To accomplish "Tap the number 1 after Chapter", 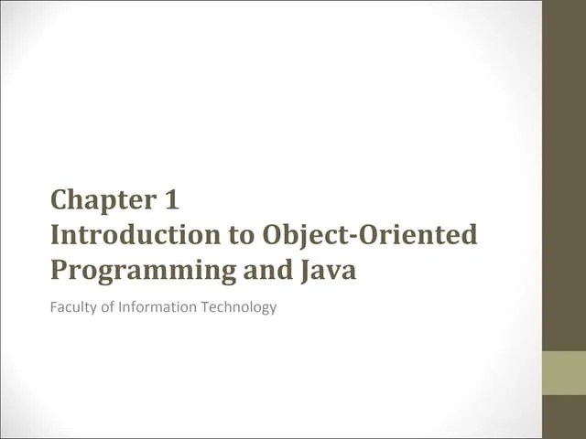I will [171, 199].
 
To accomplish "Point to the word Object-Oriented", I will [370, 235].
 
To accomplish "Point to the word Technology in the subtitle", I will [239, 307].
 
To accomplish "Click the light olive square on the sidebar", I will [563, 373].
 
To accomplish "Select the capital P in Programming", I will [60, 272].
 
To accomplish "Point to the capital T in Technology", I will [206, 307].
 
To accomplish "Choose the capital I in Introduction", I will [56, 235].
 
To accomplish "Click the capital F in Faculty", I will [54, 307].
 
